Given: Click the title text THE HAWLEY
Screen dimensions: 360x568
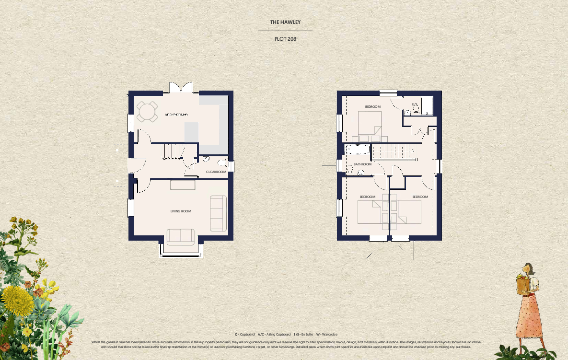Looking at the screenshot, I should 285,23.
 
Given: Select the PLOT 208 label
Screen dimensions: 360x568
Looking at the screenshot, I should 285,39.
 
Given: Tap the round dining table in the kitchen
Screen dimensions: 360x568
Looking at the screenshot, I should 147,112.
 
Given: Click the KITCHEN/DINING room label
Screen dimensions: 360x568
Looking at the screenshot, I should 176,115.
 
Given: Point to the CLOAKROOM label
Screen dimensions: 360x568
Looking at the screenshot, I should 216,172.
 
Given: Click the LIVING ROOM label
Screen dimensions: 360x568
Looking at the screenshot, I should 181,211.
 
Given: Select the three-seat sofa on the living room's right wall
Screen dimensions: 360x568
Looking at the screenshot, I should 218,213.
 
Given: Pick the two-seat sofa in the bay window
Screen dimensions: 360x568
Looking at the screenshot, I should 180,235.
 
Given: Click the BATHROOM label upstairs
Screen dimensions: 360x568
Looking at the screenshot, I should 362,164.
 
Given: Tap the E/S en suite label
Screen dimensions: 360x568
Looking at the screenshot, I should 415,104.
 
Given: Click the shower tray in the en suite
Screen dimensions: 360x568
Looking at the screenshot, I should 427,105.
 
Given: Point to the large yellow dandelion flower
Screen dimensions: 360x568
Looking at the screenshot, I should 17,300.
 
